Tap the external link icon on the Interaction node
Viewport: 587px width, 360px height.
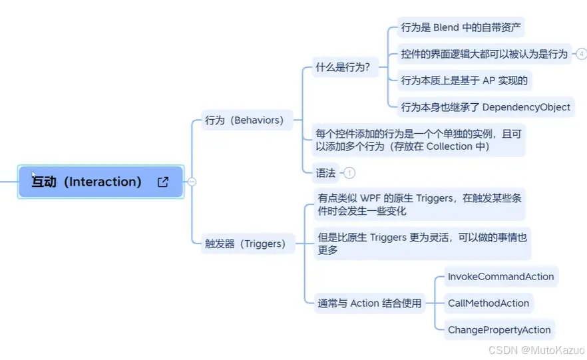pyautogui.click(x=163, y=182)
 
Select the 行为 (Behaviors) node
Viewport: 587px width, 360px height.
pyautogui.click(x=244, y=120)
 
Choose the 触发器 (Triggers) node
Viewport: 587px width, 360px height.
pyautogui.click(x=245, y=244)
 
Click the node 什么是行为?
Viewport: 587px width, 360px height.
pyautogui.click(x=343, y=67)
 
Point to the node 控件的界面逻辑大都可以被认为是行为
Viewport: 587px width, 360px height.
pyautogui.click(x=484, y=54)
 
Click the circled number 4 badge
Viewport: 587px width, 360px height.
pyautogui.click(x=582, y=54)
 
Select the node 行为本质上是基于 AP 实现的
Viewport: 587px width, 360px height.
pyautogui.click(x=464, y=81)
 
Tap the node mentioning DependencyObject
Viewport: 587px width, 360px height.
pyautogui.click(x=485, y=106)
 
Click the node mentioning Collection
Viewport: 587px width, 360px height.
pyautogui.click(x=419, y=140)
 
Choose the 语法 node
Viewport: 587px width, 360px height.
pyautogui.click(x=325, y=173)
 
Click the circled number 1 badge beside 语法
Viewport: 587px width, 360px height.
pyautogui.click(x=349, y=173)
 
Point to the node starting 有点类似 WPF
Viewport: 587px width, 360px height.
pyautogui.click(x=419, y=204)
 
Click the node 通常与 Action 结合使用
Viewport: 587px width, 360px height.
pyautogui.click(x=369, y=303)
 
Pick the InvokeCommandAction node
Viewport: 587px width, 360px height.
pyautogui.click(x=500, y=276)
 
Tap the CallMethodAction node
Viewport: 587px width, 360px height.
pyautogui.click(x=489, y=303)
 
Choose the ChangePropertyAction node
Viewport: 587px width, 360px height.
pyautogui.click(x=499, y=329)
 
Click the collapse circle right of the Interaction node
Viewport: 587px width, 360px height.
pyautogui.click(x=192, y=182)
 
